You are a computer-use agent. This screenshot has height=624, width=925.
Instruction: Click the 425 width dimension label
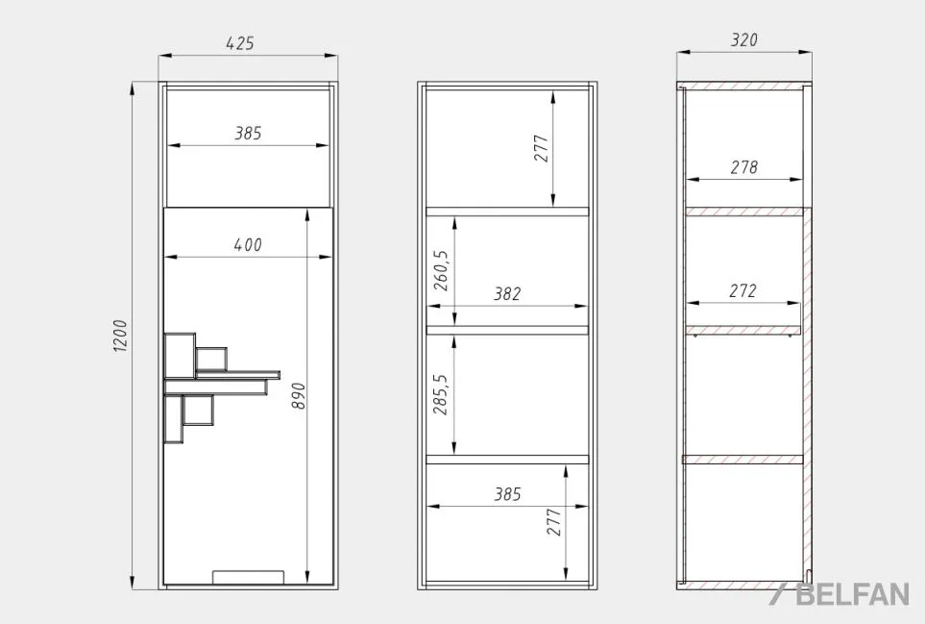240,43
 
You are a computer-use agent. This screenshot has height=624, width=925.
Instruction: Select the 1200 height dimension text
120,336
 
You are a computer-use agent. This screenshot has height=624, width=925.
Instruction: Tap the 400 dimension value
248,244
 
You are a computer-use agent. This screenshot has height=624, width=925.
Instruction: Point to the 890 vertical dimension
299,396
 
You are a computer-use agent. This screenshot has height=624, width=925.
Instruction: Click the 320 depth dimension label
743,39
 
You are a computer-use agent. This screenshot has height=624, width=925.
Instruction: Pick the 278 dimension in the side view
743,167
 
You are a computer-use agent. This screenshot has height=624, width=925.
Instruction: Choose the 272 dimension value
742,290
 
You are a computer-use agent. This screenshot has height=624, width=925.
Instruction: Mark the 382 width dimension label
507,293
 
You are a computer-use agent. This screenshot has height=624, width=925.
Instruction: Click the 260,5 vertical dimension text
441,270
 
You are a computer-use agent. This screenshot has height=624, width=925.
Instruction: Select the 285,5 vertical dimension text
441,394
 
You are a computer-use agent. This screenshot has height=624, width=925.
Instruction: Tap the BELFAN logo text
852,594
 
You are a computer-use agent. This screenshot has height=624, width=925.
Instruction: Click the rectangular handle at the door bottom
249,577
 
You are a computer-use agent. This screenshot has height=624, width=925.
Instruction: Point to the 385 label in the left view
248,133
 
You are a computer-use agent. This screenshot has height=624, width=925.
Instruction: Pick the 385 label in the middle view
507,493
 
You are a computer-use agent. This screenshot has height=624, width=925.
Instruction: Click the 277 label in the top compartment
541,148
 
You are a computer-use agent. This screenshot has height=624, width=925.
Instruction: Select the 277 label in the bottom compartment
554,522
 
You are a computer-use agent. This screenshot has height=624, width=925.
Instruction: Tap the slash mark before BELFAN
777,594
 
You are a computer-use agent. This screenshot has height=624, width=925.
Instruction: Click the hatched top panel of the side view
743,86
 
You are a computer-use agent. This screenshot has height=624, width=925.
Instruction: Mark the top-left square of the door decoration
180,356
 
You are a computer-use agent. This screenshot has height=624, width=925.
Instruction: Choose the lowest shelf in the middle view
507,460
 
